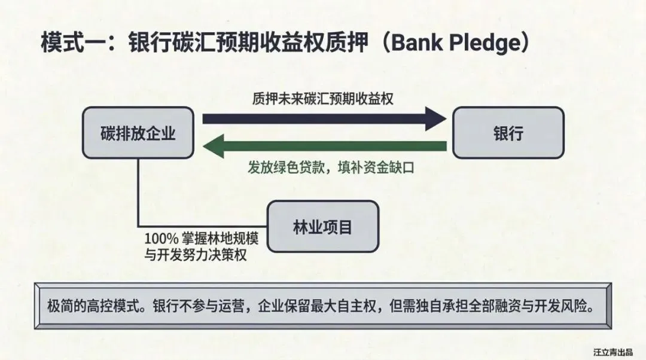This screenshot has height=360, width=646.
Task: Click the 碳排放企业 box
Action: coord(138,133)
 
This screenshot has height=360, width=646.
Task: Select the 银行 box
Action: coord(508,133)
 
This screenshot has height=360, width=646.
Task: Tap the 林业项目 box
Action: coord(322,227)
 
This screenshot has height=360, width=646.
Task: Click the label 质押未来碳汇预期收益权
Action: coord(322,98)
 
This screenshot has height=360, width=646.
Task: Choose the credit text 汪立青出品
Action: coord(614,352)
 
